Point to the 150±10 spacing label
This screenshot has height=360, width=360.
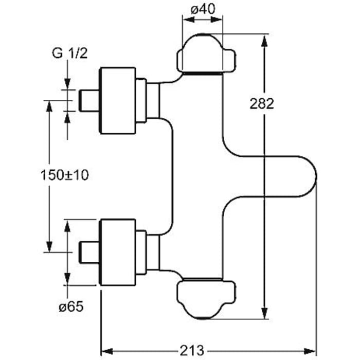pos(65,175)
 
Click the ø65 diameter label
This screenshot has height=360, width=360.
pos(71,307)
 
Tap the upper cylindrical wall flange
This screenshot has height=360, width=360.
pos(118,100)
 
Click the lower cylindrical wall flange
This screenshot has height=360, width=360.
pos(118,252)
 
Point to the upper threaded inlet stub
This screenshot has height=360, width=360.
pos(89,100)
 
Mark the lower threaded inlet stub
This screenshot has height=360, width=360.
pos(89,252)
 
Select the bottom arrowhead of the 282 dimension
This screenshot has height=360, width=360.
pos(265,315)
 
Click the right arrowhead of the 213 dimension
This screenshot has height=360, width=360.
pos(311,350)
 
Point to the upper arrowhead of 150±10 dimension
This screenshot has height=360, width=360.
pos(49,105)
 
